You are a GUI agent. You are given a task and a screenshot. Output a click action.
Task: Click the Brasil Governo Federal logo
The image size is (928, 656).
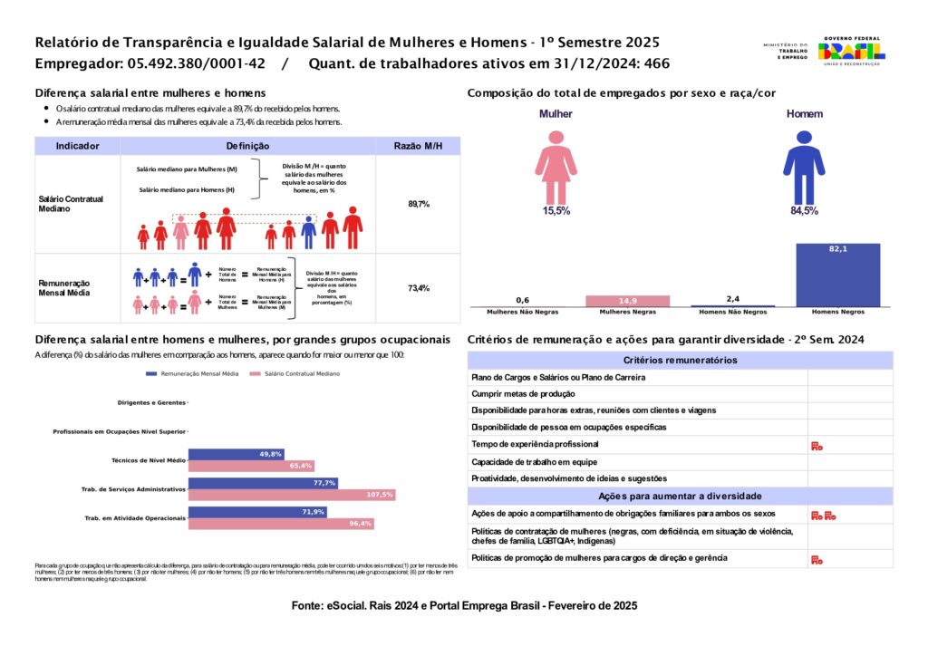(x=851, y=51)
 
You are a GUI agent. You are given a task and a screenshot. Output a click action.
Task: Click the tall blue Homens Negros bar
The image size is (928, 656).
(x=837, y=275)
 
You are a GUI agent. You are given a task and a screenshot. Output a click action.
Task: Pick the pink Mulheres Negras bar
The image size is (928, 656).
(x=628, y=301)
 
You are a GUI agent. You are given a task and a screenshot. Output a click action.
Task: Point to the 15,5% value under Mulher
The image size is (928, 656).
(x=556, y=211)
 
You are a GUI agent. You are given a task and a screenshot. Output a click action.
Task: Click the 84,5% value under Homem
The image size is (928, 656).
(x=804, y=211)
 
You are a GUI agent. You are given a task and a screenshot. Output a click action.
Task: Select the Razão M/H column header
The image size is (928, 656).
(x=418, y=146)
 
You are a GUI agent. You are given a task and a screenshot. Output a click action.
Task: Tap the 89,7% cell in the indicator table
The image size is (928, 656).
(x=418, y=205)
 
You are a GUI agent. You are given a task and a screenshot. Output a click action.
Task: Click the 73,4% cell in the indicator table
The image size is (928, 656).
(x=418, y=288)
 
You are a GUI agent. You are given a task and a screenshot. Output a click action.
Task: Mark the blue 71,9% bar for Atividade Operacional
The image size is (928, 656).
(x=257, y=512)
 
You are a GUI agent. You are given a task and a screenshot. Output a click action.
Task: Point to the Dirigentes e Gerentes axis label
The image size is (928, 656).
(x=151, y=402)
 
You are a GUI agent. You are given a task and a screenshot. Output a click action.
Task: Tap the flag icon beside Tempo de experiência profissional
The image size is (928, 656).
(x=816, y=445)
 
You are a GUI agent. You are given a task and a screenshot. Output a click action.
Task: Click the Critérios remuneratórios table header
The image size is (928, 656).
(x=680, y=360)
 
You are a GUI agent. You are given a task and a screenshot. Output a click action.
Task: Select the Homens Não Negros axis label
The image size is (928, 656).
(x=733, y=312)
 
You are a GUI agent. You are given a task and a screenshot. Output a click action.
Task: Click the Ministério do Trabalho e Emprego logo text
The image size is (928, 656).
(x=785, y=51)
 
